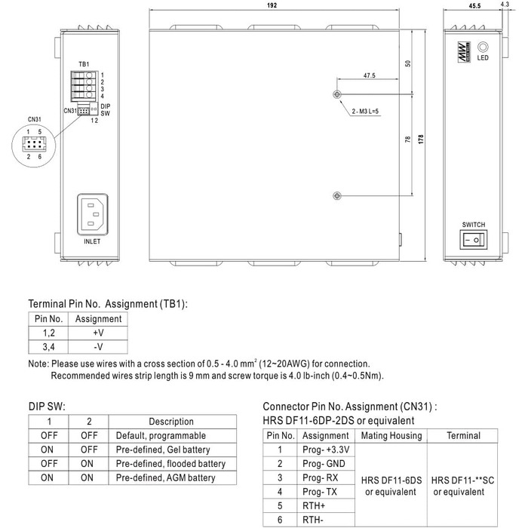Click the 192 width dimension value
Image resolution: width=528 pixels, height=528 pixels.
273,6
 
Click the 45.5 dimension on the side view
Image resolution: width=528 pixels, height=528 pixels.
474,6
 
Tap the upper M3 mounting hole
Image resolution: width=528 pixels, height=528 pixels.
336,94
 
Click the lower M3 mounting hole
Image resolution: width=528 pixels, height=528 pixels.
336,195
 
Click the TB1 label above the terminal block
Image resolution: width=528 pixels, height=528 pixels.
84,64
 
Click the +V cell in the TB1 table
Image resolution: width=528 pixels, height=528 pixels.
98,333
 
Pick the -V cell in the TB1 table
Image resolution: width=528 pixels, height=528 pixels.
98,347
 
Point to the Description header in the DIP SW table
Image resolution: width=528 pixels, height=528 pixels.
171,422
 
